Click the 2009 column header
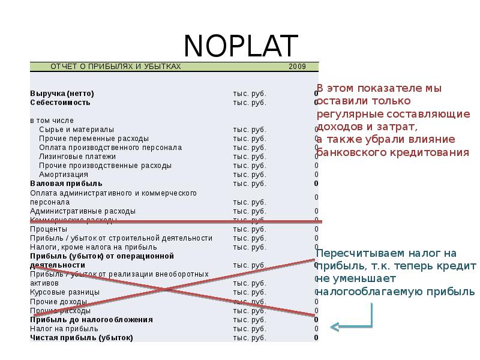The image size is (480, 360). pos(297,67)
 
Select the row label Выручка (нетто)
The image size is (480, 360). pos(62,94)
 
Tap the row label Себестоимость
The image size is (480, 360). pos(60,103)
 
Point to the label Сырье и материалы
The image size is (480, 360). pos(76,130)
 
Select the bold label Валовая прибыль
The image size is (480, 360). pos(66,184)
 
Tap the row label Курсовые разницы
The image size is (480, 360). pos(65,292)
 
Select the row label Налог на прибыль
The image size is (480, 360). pos(64,329)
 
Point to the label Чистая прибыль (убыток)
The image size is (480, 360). pos(81,338)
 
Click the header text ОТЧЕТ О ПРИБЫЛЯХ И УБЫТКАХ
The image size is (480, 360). pos(115,67)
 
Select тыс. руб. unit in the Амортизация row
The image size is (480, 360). pos(249,175)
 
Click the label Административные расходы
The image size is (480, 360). pos(82,211)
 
